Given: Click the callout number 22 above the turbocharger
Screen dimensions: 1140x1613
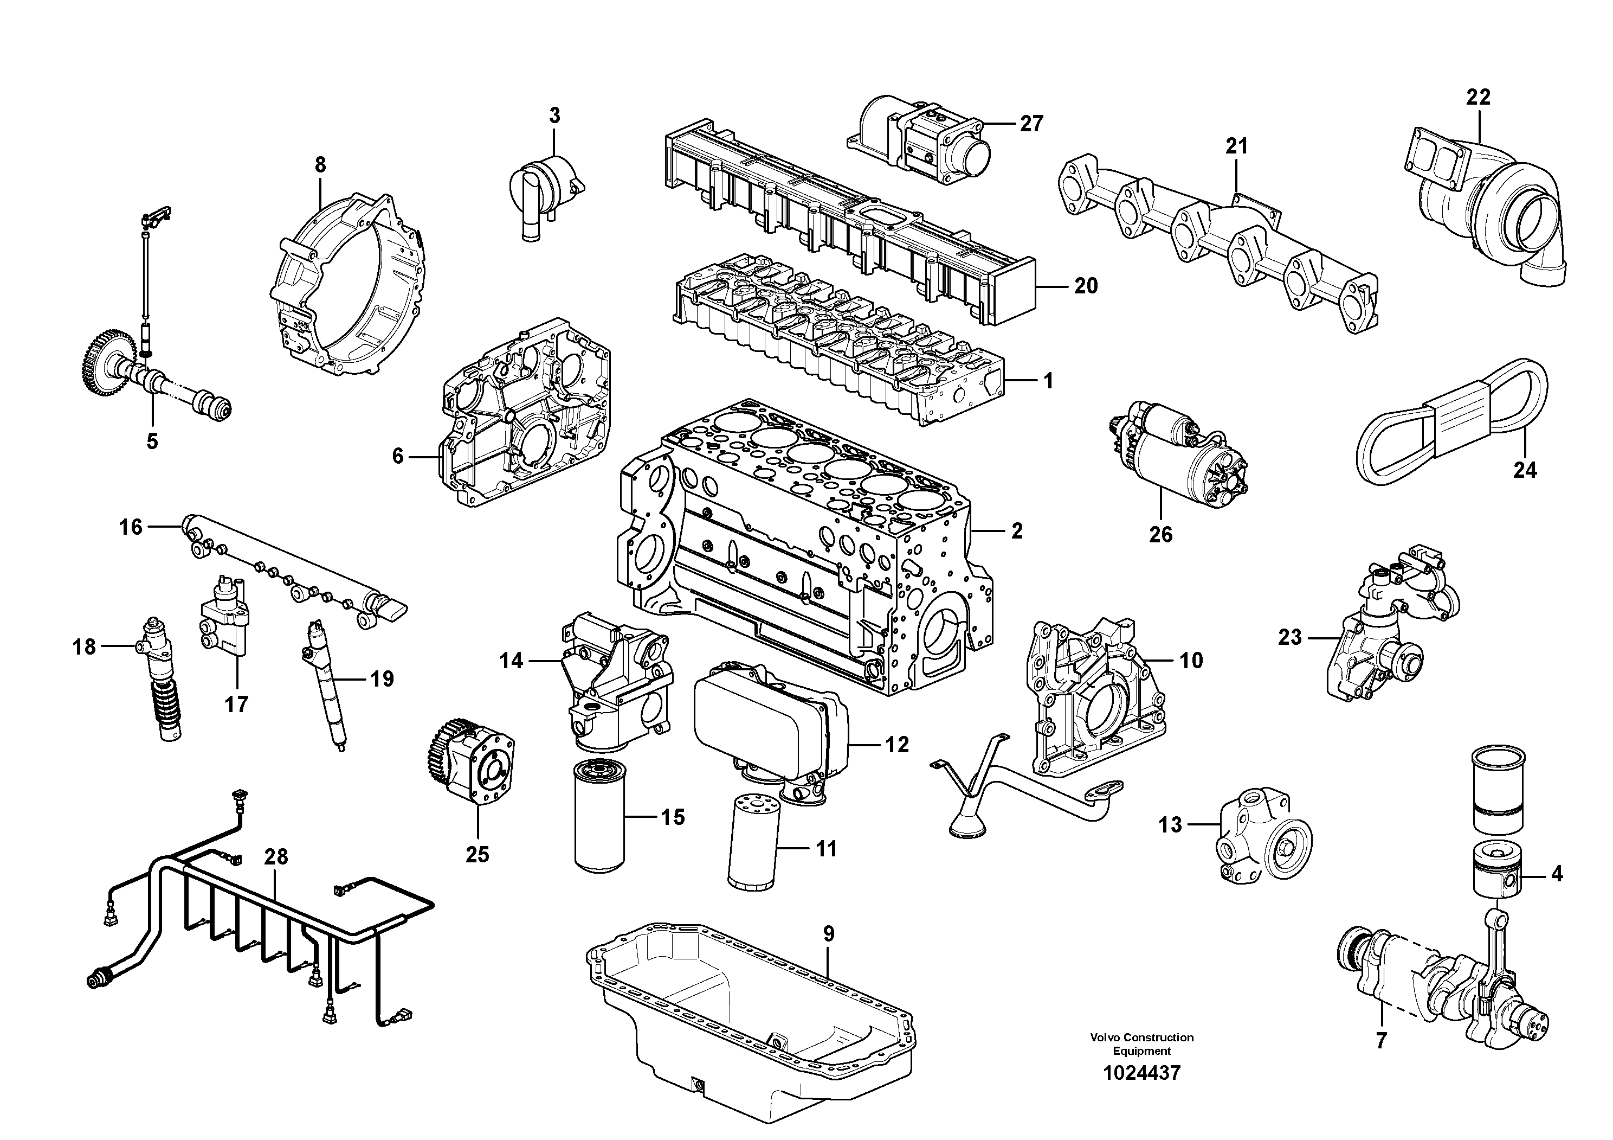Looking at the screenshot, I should (x=1477, y=98).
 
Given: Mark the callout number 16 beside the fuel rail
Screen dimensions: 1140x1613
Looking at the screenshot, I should (x=131, y=527).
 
